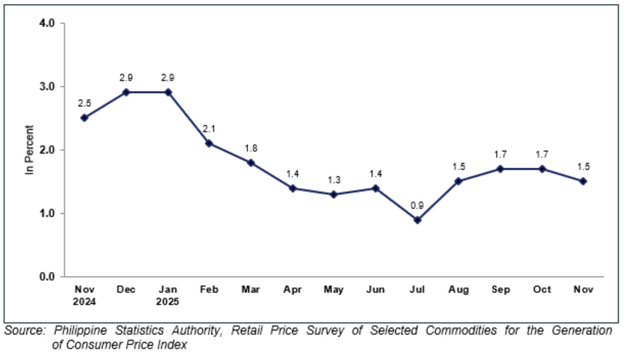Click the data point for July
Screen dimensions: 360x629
coord(417,220)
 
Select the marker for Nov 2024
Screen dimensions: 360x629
coord(84,118)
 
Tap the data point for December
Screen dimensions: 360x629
coord(126,92)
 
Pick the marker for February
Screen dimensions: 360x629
coord(209,143)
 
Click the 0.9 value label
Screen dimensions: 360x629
coord(417,205)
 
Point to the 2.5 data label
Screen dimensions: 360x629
coord(84,103)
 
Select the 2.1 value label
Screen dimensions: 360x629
coord(209,129)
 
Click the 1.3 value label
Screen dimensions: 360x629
coord(334,180)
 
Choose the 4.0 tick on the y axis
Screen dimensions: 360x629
coord(47,23)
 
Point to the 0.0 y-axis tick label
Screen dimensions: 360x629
coord(47,276)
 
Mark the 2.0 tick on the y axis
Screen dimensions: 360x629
coord(47,150)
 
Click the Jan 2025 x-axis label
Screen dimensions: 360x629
coord(168,295)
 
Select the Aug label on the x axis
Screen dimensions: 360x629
coord(459,290)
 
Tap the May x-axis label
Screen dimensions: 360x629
coord(334,290)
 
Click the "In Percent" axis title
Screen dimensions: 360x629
coord(30,150)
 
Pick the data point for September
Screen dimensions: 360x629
coord(500,169)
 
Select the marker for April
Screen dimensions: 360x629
coord(292,188)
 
